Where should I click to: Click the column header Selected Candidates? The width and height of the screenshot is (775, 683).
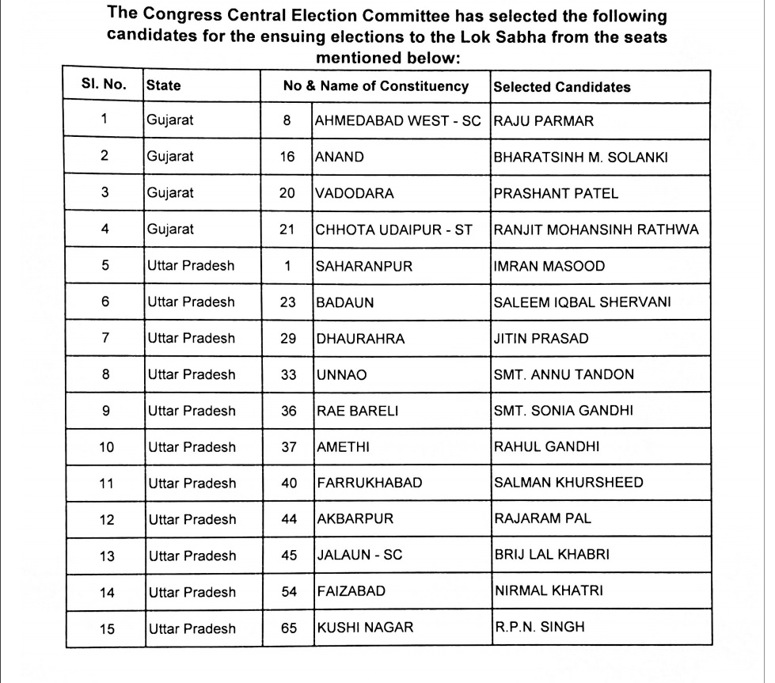click(x=561, y=87)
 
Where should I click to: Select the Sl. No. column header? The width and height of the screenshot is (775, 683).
click(x=104, y=85)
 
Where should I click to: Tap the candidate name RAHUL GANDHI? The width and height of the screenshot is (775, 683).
click(x=546, y=447)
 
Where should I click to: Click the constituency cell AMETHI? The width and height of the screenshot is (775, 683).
click(x=343, y=447)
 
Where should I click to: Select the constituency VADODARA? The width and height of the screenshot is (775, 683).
click(x=355, y=193)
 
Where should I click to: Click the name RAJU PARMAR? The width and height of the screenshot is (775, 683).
click(x=543, y=121)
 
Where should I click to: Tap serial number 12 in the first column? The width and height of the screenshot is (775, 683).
click(x=106, y=520)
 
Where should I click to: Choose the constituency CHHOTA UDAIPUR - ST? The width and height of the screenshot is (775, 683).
click(x=393, y=230)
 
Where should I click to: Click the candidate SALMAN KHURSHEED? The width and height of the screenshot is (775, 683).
click(x=568, y=483)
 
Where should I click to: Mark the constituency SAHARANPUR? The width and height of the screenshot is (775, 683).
click(x=364, y=266)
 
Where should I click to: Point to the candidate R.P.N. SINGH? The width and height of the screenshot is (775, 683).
click(x=539, y=628)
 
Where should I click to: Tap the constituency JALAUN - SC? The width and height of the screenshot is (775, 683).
click(x=359, y=556)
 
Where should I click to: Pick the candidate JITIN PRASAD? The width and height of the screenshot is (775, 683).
click(x=541, y=339)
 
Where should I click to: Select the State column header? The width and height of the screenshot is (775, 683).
click(x=163, y=86)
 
